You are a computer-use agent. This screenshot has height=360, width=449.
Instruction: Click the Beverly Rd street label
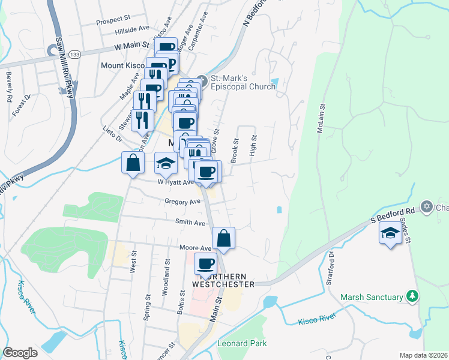(x=10, y=86)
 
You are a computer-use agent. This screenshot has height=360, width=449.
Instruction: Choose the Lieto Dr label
(x=112, y=133)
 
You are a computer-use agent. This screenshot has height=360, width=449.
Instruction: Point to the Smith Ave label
(x=190, y=222)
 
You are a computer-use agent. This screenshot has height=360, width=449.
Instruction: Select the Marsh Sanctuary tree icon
(x=412, y=296)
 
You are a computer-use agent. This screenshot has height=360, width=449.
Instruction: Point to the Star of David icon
(x=427, y=208)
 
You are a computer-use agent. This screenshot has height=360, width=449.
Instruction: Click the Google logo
(x=20, y=353)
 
